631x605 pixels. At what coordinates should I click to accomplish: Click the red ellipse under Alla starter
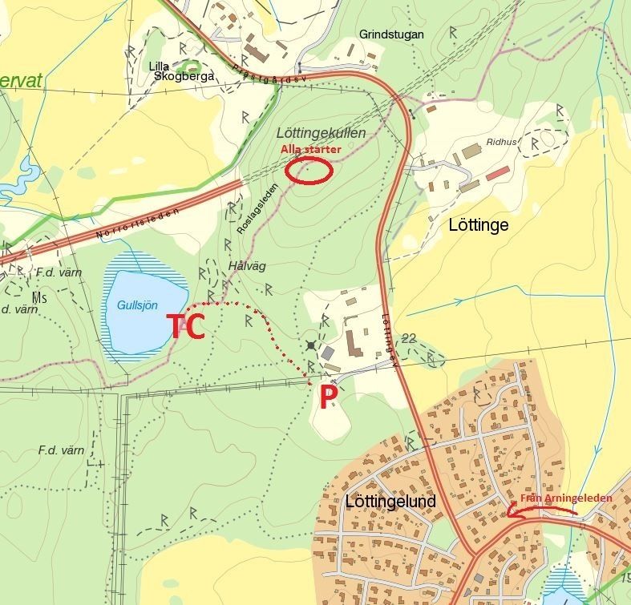click(x=309, y=170)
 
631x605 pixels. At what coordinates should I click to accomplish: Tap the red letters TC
click(x=185, y=325)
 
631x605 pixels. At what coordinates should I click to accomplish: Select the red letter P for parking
click(x=326, y=397)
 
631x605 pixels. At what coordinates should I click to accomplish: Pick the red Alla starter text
click(x=310, y=149)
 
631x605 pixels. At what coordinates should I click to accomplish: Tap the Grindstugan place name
click(x=391, y=34)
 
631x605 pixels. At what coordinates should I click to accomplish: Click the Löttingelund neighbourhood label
click(x=390, y=502)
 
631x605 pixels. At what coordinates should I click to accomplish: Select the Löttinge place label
click(x=478, y=225)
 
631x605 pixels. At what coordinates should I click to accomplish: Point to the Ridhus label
click(x=502, y=143)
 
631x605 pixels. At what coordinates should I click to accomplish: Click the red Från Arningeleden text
click(x=566, y=498)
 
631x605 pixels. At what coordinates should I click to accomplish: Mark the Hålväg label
click(x=246, y=266)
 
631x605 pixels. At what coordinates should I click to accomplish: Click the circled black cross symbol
click(x=311, y=345)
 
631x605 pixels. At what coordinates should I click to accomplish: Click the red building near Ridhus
click(x=497, y=172)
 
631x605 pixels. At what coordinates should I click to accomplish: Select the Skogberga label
click(x=185, y=76)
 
